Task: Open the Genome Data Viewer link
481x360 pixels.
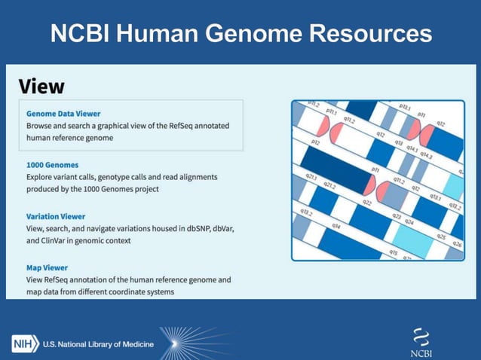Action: click(63, 113)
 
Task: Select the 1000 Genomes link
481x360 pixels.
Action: click(52, 164)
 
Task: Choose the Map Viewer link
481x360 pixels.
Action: click(47, 267)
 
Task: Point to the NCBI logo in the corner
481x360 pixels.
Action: click(421, 343)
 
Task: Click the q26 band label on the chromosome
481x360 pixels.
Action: click(456, 245)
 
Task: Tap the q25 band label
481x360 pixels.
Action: click(441, 236)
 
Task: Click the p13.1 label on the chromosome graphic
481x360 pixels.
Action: click(404, 108)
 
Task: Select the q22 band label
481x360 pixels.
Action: click(367, 203)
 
